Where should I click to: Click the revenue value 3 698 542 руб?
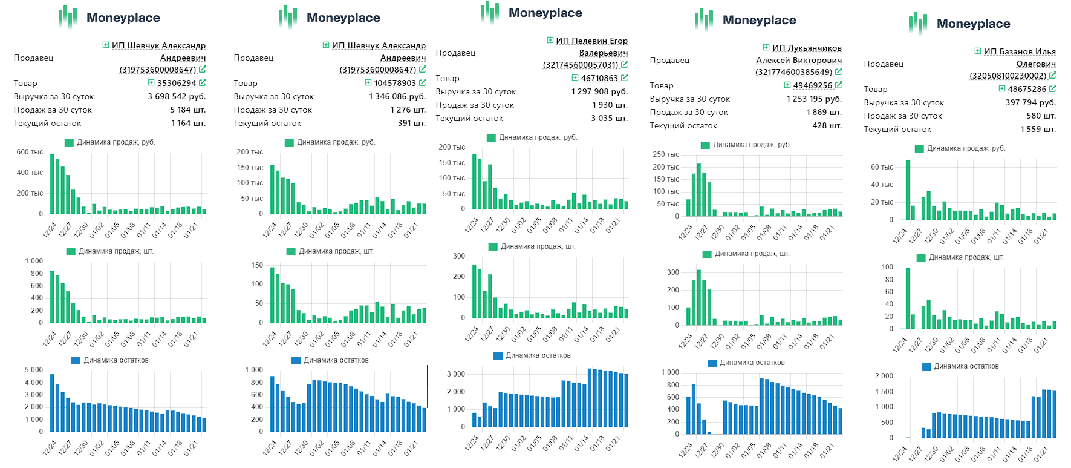pos(177,96)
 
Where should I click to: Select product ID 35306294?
pos(177,83)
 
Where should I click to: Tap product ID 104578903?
pos(395,83)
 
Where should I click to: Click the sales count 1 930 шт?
pos(610,105)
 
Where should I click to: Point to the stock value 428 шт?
pos(827,125)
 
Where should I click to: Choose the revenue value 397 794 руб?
pos(1030,102)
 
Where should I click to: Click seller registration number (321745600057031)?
pos(581,65)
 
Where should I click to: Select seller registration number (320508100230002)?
pos(1008,76)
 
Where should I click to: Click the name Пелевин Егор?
pos(591,41)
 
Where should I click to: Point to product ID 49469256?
pos(813,85)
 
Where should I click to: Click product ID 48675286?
pos(1027,89)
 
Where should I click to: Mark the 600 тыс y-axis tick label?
pos(30,152)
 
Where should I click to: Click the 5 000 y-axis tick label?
pos(34,370)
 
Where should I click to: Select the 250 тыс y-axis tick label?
pos(666,154)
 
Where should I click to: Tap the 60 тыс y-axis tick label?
pos(882,167)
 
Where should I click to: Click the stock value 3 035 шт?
pos(610,118)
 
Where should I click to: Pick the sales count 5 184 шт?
pos(187,110)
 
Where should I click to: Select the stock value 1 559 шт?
pos(1038,129)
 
